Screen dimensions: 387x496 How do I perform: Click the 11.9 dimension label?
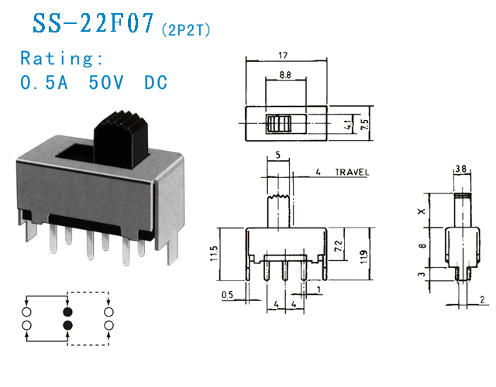coord(364,252)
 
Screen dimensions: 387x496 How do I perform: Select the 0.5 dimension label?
coord(227,293)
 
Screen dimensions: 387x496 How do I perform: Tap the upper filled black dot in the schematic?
coord(67,312)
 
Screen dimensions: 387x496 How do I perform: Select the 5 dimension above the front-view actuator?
coord(277,156)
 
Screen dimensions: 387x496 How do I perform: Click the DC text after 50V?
coord(156,83)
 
